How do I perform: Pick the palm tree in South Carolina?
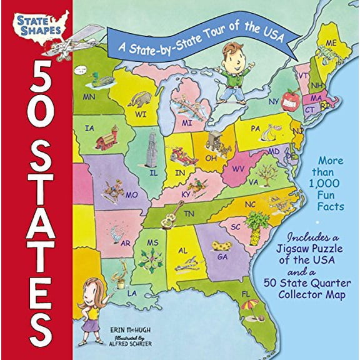[256, 226]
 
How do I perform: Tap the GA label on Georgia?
[221, 256]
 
